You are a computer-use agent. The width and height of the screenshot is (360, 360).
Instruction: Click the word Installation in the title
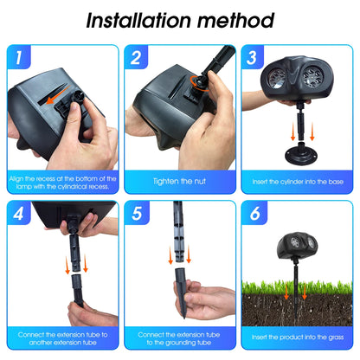pyautogui.click(x=138, y=21)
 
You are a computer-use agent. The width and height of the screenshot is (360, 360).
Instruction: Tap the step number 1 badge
pyautogui.click(x=19, y=57)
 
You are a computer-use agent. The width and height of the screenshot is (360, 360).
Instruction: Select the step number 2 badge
pyautogui.click(x=136, y=57)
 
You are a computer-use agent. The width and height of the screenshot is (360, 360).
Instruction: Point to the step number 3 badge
pyautogui.click(x=252, y=57)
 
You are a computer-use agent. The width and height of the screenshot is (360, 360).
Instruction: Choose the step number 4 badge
pyautogui.click(x=18, y=213)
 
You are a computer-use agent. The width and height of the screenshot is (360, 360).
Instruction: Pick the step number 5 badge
pyautogui.click(x=137, y=213)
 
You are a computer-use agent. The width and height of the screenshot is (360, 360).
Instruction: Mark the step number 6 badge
pyautogui.click(x=254, y=213)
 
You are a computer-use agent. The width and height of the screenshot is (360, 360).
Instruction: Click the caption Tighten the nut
pyautogui.click(x=179, y=182)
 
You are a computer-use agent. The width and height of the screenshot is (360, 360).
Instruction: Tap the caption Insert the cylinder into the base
pyautogui.click(x=298, y=182)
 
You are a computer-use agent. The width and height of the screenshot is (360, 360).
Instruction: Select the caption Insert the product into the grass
pyautogui.click(x=298, y=337)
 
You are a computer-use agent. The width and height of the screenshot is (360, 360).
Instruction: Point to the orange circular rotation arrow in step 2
pyautogui.click(x=199, y=83)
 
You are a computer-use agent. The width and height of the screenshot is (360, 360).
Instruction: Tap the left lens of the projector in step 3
pyautogui.click(x=277, y=78)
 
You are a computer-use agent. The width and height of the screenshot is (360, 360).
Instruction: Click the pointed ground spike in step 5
pyautogui.click(x=181, y=292)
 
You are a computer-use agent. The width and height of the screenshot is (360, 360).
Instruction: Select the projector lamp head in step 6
pyautogui.click(x=297, y=245)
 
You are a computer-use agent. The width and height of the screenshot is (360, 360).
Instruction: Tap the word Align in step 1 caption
pyautogui.click(x=16, y=179)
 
